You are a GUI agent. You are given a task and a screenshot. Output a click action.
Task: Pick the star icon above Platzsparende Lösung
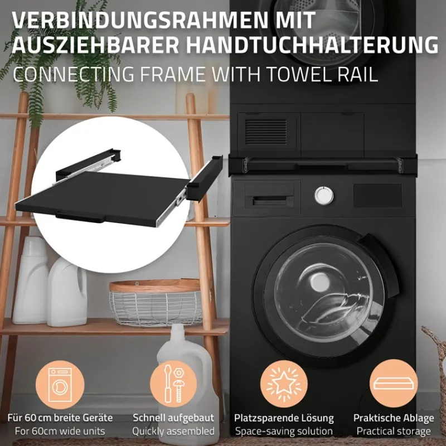[x=283, y=384]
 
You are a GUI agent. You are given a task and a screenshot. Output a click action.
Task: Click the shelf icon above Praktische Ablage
[x=394, y=384]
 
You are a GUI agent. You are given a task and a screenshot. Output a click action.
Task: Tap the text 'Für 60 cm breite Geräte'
[x=60, y=418]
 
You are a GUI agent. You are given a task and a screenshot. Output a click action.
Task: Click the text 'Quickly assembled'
[x=173, y=431]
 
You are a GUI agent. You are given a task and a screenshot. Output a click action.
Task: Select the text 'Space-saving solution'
[x=283, y=431]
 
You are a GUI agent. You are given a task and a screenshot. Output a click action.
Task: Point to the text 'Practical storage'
[x=394, y=431]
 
